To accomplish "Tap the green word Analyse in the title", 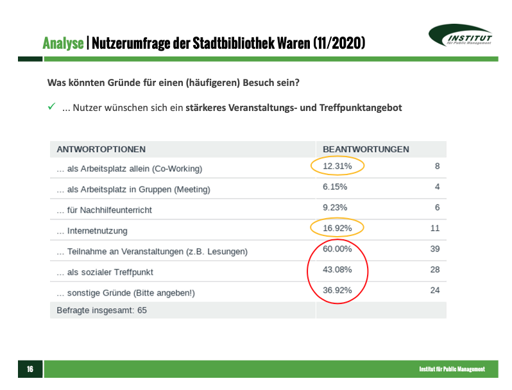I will (x=63, y=44).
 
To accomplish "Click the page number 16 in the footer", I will (x=30, y=369).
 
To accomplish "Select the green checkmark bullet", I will (x=51, y=106).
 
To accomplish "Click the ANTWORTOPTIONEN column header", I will (x=101, y=149).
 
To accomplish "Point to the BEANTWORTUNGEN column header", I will (x=366, y=149).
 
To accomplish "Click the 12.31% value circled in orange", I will (x=337, y=167).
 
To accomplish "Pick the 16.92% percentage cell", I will (x=337, y=228).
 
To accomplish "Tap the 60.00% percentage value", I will (x=337, y=249).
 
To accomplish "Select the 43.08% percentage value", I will (x=337, y=269).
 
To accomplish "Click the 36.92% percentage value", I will (x=337, y=290).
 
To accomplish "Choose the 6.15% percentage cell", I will (x=335, y=187).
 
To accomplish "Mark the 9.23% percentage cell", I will (x=335, y=207).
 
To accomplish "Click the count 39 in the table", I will (x=434, y=249).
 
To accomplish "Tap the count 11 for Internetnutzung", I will (x=434, y=228).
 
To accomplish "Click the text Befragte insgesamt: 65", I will (x=102, y=310).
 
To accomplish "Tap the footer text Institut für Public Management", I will (x=452, y=369).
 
